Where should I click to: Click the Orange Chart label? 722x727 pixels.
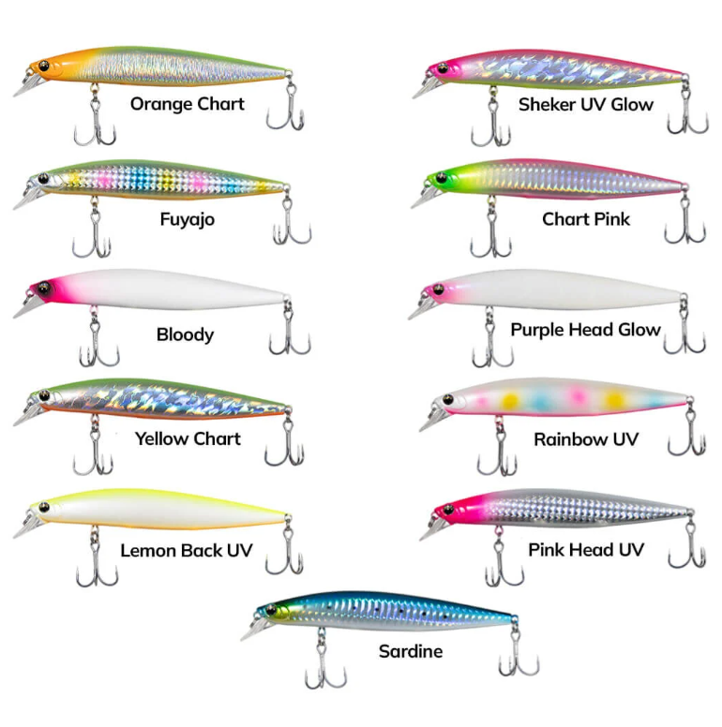tap(187, 104)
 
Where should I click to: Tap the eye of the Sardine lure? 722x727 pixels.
tap(271, 610)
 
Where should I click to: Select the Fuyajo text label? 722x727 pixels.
tap(188, 220)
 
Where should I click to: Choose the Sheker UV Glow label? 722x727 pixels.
tap(586, 105)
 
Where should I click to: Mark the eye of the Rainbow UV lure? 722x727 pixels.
tap(448, 400)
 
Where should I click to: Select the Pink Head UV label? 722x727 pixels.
tap(586, 550)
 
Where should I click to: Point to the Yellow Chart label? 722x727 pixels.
tap(188, 438)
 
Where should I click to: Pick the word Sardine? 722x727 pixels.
tap(411, 651)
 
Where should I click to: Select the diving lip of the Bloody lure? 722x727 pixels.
tap(28, 309)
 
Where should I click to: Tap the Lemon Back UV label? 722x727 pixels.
tap(187, 551)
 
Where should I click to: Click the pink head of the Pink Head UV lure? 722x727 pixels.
tap(457, 510)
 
